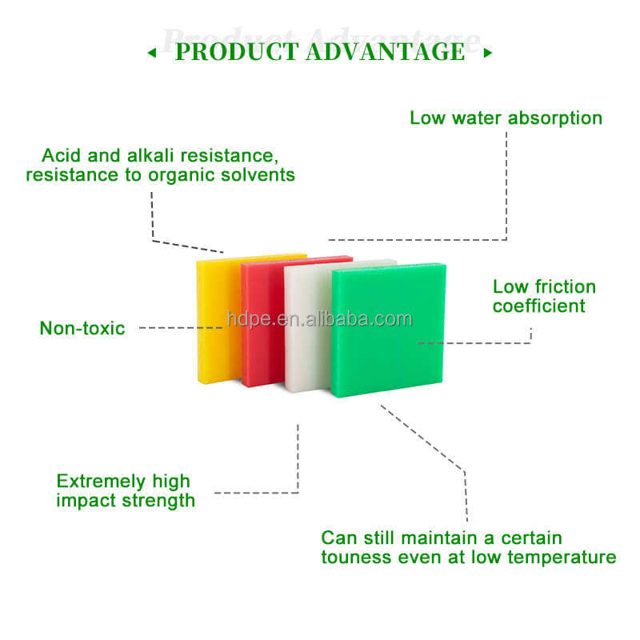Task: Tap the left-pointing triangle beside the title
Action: [x=152, y=54]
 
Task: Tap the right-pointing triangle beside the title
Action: [x=488, y=54]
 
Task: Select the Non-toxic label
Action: [x=82, y=328]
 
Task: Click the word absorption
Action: [x=554, y=118]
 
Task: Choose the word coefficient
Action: [x=538, y=306]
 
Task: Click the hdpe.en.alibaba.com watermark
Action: [x=319, y=319]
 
